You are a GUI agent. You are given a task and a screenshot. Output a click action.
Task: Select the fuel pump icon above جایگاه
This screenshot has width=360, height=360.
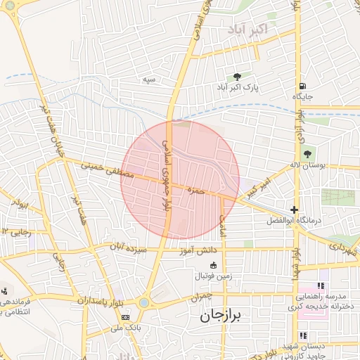click(x=302, y=84)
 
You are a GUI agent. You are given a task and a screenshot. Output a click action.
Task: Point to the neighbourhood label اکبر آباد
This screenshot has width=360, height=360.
click(x=247, y=30)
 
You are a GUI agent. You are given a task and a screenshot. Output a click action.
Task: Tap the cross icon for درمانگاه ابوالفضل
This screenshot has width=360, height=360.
click(x=294, y=210)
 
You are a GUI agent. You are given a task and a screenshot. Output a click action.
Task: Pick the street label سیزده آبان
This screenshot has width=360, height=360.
click(x=130, y=248)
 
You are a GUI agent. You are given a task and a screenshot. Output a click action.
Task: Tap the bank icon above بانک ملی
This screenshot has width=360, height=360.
click(x=126, y=317)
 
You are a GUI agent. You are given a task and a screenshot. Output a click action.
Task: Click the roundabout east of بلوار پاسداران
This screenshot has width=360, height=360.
click(x=144, y=303)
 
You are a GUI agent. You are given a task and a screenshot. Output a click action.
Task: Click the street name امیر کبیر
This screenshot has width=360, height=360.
click(x=258, y=187)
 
